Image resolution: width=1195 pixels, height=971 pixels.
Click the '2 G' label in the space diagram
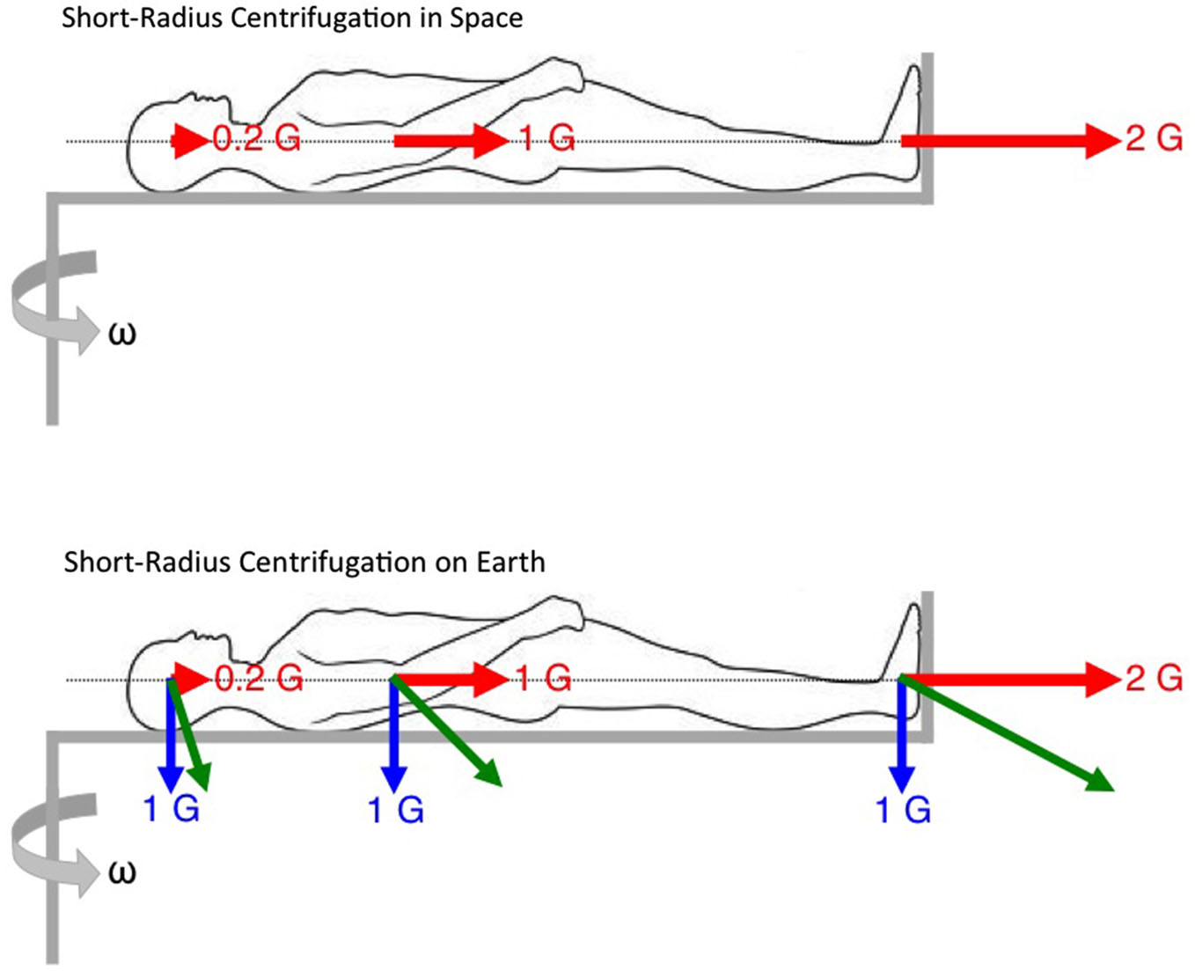[x=1154, y=138]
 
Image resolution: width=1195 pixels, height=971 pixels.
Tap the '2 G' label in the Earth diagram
[x=1154, y=678]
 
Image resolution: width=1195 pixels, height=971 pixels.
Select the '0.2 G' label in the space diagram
[x=257, y=138]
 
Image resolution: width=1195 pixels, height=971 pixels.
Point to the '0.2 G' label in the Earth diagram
[x=259, y=678]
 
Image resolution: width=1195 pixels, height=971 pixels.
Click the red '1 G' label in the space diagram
[x=546, y=138]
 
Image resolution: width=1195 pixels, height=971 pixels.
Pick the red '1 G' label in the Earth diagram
[x=543, y=678]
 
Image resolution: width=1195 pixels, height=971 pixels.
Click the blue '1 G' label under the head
[x=172, y=808]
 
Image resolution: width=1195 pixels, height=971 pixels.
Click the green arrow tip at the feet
[x=1102, y=783]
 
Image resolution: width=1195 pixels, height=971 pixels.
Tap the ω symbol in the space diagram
[x=121, y=335]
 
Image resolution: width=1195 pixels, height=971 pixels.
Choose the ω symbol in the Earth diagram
[x=121, y=872]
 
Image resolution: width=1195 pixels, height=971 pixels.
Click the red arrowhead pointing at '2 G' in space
[x=1102, y=140]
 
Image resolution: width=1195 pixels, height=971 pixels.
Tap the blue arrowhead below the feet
[x=901, y=780]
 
